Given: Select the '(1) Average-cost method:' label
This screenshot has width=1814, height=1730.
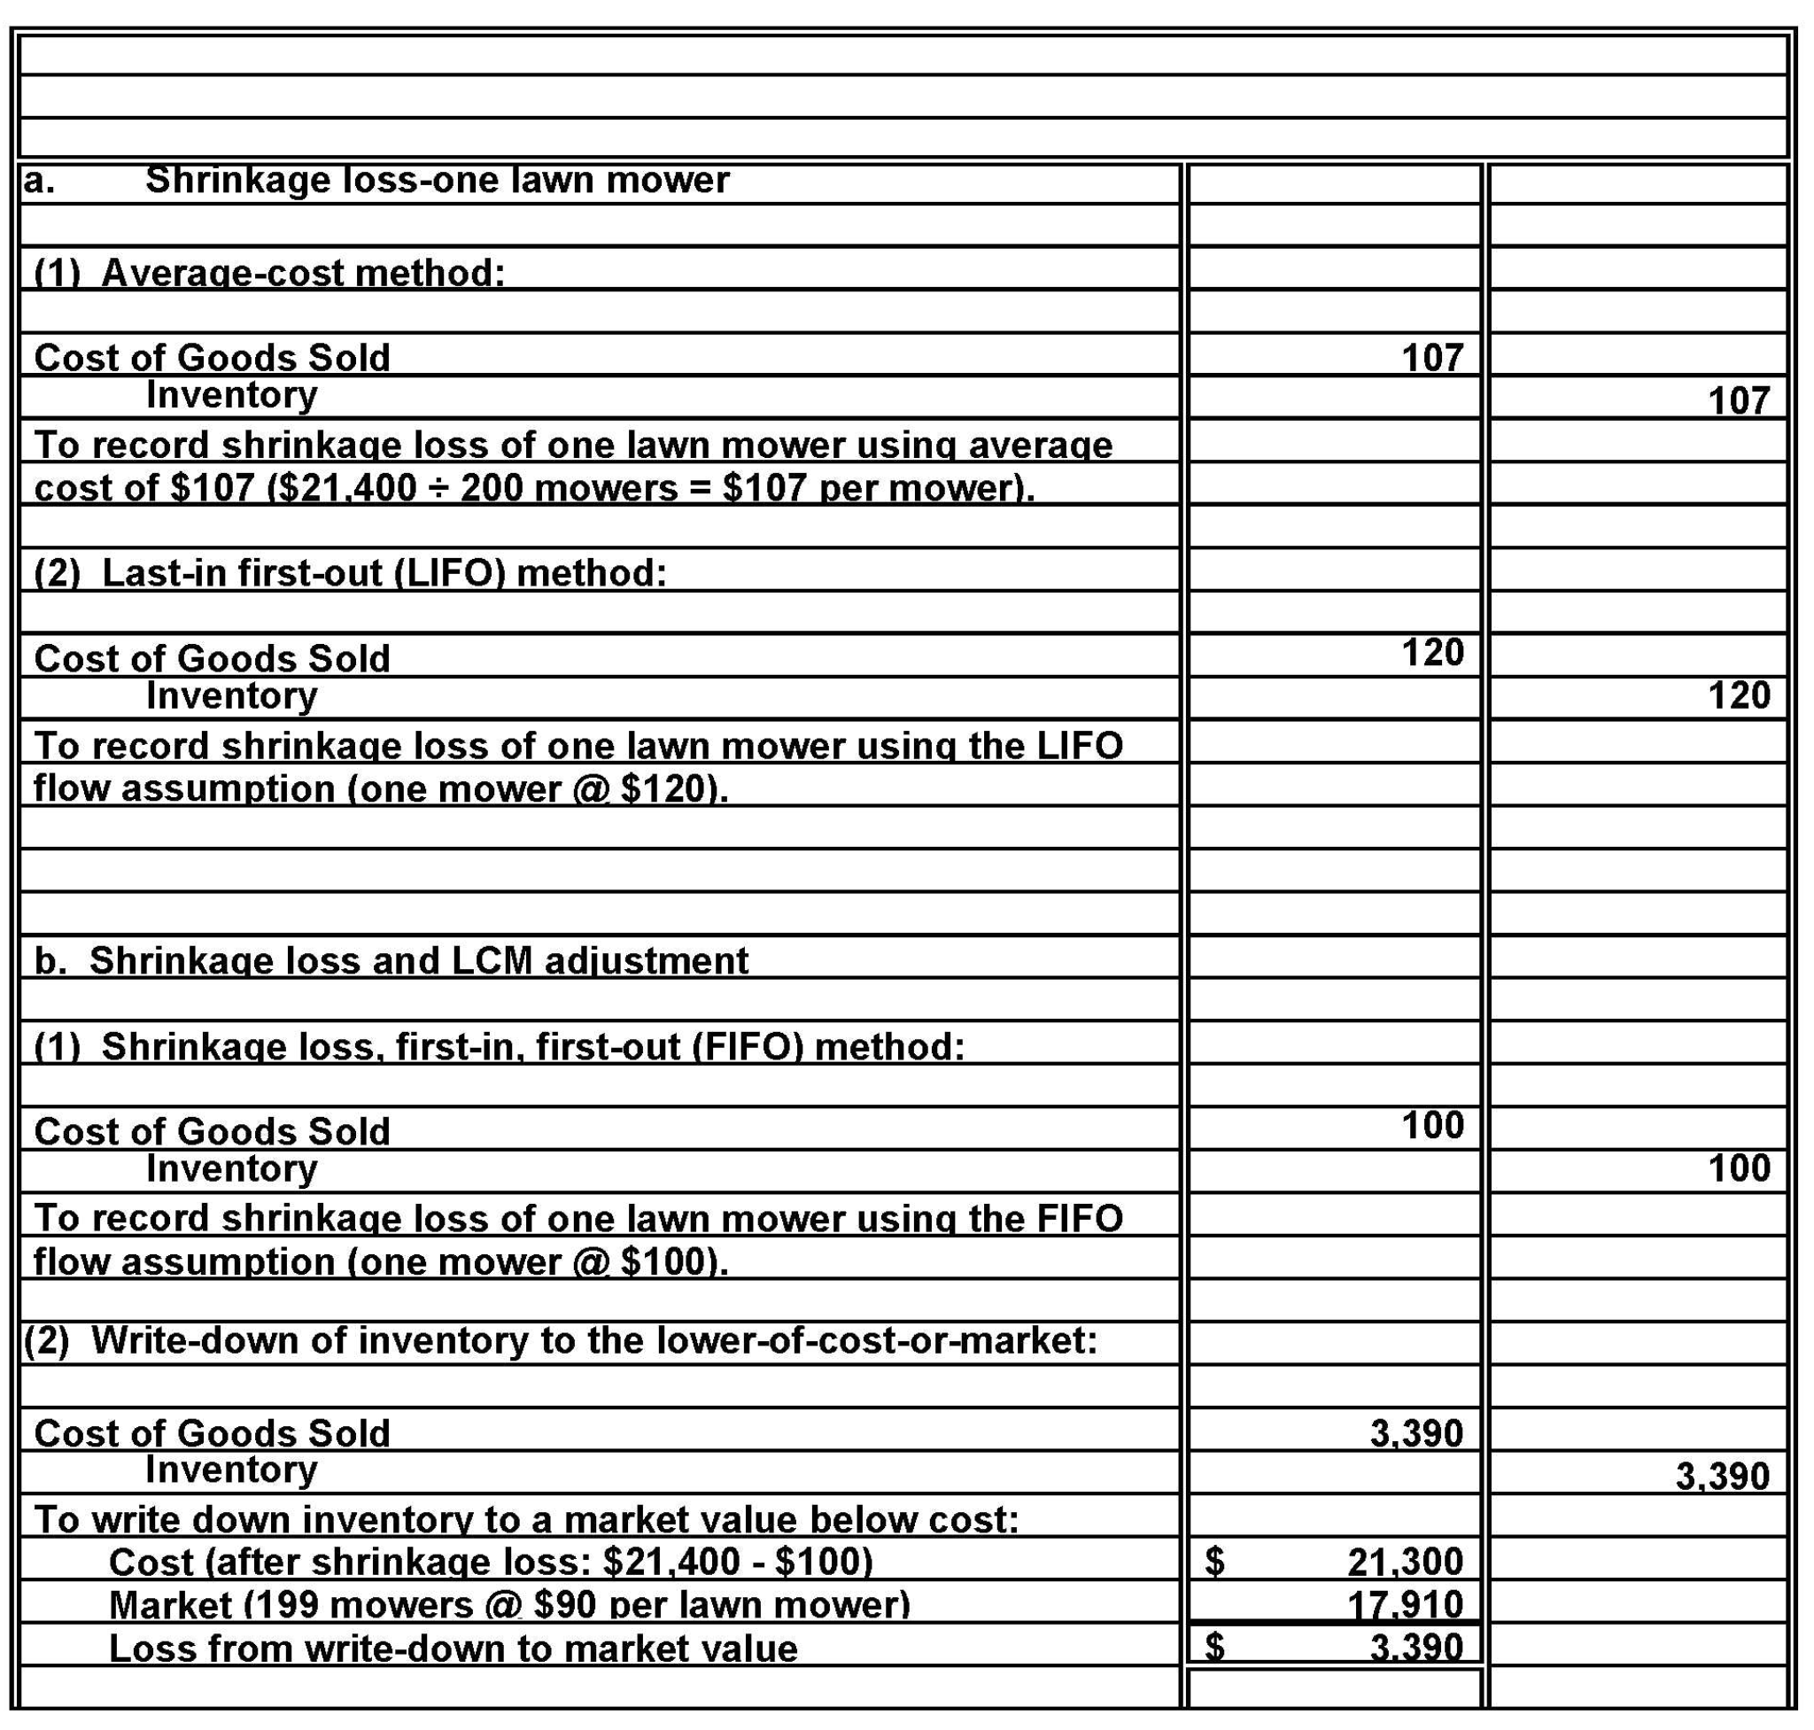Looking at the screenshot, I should (x=268, y=273).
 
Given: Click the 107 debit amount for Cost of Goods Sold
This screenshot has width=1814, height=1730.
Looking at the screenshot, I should (x=1431, y=358).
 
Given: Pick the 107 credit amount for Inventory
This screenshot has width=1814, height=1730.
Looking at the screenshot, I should (x=1739, y=401).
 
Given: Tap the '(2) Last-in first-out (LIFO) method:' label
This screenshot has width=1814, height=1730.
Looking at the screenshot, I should (x=350, y=574).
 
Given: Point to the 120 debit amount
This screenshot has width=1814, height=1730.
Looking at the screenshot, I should (x=1431, y=653).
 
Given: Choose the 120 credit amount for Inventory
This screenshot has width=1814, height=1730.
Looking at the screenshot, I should (x=1739, y=695).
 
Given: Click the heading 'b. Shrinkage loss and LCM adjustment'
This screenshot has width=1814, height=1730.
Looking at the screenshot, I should (x=391, y=961).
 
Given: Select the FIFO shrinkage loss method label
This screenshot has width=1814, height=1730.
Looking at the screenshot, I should (x=499, y=1047).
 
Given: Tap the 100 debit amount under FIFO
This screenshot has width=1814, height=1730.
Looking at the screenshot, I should (x=1431, y=1125).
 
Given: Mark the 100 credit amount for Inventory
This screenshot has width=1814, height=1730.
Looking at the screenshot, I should (x=1739, y=1168).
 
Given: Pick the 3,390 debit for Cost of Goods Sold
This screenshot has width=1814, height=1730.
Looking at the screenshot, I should (x=1415, y=1433).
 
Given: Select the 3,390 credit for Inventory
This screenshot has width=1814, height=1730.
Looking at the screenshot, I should (x=1722, y=1477).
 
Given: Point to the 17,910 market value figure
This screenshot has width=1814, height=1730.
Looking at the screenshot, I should (x=1405, y=1605).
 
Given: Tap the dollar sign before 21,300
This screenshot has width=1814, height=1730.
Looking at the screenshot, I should (x=1214, y=1561).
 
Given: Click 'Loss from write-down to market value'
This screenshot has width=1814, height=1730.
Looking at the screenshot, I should (x=453, y=1649).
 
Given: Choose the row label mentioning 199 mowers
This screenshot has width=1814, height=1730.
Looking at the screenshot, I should (x=509, y=1605).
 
